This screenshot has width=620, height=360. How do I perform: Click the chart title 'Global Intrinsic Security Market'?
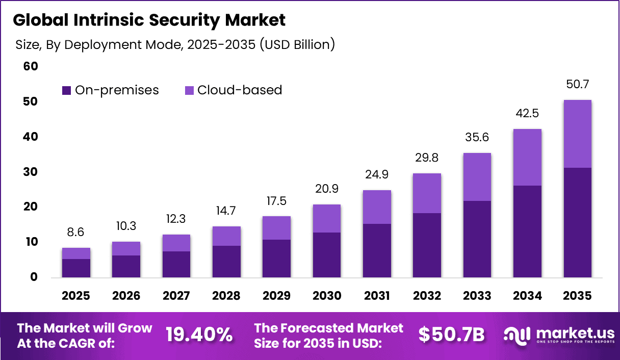point(149,20)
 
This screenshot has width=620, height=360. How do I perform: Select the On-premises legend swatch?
point(66,91)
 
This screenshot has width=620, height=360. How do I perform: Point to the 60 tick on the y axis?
point(30,67)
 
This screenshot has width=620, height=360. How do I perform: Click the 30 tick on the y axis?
point(30,172)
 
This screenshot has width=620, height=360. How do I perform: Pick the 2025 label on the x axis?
point(76,296)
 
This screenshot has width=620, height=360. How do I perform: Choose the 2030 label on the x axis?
point(326,296)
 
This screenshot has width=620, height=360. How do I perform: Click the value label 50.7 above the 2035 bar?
point(577,84)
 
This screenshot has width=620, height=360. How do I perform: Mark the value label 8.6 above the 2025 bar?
point(76,232)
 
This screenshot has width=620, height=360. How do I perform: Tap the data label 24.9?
point(377,175)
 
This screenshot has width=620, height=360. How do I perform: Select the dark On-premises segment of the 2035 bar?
point(577,222)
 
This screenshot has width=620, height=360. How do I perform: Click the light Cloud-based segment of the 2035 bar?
point(577,134)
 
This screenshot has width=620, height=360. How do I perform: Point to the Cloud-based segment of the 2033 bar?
point(477,176)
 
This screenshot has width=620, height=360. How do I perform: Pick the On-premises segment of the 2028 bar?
point(226,262)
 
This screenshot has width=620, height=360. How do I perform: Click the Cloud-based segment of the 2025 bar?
point(76,253)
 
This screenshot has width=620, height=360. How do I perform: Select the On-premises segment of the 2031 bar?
point(377,250)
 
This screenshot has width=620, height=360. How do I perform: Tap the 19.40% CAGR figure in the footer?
point(199,335)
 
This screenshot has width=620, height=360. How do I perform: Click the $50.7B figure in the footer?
point(451,335)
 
